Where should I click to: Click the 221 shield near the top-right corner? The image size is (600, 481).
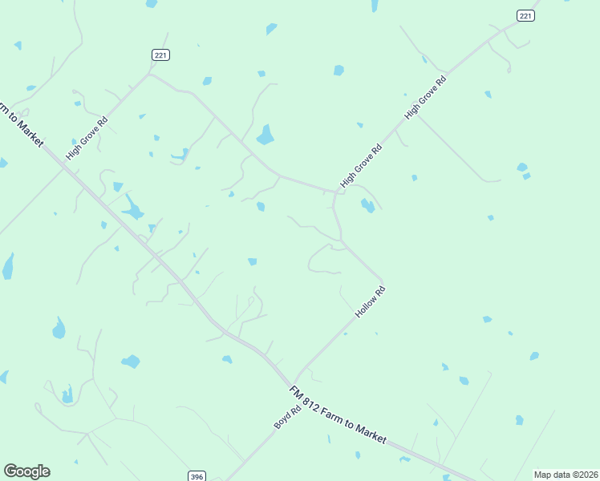tap(525, 15)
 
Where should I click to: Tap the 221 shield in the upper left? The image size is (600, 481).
tap(160, 55)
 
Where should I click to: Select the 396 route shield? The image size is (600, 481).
tap(197, 476)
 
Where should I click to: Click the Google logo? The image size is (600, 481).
tap(26, 471)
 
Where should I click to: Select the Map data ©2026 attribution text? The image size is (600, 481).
tap(566, 475)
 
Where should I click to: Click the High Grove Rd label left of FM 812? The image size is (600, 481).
tap(87, 138)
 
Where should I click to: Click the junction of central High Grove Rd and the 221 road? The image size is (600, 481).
tap(334, 192)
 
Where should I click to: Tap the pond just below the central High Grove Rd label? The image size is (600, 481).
tap(367, 205)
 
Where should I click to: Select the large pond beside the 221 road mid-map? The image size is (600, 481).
tap(265, 135)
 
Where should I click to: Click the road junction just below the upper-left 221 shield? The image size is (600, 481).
tap(150, 75)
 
